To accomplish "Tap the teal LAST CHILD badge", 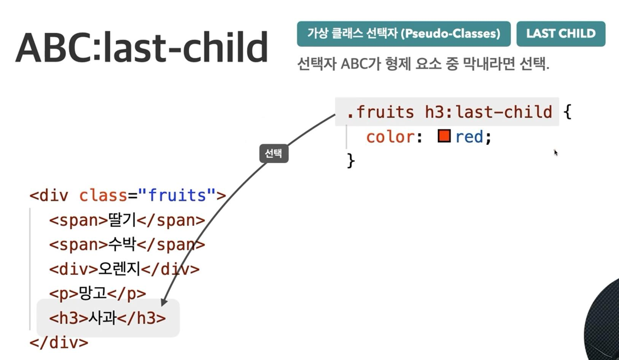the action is pos(561,34).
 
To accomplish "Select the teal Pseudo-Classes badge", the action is pos(404,34).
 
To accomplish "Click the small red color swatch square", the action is pos(444,136).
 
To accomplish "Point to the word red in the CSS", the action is pos(469,137).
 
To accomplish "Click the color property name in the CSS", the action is pos(391,137).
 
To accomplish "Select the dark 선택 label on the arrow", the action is pos(274,153).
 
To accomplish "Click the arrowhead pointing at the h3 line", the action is pos(164,302).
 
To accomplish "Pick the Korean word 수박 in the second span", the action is pos(122,244).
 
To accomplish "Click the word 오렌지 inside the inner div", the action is pos(119,269).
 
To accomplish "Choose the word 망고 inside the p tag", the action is pos(92,293).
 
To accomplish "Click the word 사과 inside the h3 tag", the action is pos(102,317).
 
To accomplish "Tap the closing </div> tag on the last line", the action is pos(59,343).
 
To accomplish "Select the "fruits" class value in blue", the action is pos(177,195).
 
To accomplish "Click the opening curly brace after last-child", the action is pos(567,112).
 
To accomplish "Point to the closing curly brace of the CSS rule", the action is pos(351,160).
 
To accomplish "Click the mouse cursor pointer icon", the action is pos(556,153).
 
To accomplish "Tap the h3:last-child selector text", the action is pos(488,112).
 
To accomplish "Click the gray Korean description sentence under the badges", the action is pos(423,64).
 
